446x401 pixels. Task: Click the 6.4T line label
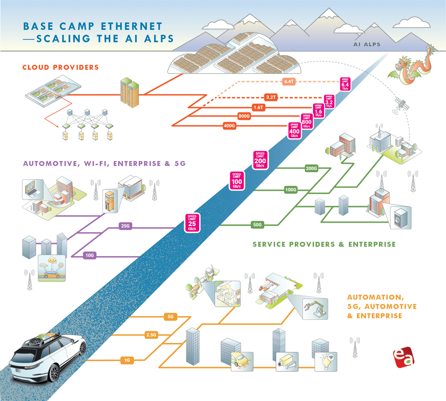(x=288, y=82)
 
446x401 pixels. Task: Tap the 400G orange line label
(x=229, y=126)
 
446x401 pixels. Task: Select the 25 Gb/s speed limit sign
(x=192, y=223)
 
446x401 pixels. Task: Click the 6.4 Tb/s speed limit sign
(x=345, y=83)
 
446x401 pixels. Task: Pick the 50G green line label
(x=257, y=224)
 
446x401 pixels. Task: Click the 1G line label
(x=128, y=360)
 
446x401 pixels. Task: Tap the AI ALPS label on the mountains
(x=367, y=45)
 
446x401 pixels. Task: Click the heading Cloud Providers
(x=60, y=67)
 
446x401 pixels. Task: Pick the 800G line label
(x=244, y=116)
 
